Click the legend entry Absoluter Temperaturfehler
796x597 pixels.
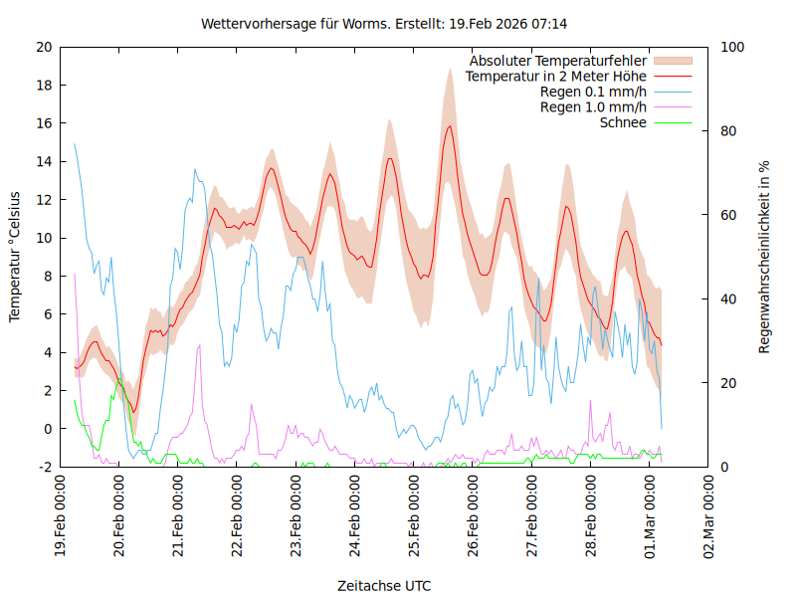pyautogui.click(x=558, y=61)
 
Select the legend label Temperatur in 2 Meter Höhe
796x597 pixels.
pyautogui.click(x=556, y=77)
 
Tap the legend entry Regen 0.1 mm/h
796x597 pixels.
pyautogui.click(x=593, y=92)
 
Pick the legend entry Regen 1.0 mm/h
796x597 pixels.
pyautogui.click(x=593, y=107)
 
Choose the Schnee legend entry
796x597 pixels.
pyautogui.click(x=623, y=122)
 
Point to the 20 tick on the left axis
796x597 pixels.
pyautogui.click(x=43, y=47)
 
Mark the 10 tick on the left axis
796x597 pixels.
pyautogui.click(x=43, y=238)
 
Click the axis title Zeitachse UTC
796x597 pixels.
pyautogui.click(x=384, y=585)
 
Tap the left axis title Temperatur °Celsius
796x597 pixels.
pyautogui.click(x=15, y=256)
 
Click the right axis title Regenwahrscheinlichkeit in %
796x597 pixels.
pyautogui.click(x=764, y=257)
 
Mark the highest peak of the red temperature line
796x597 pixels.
pyautogui.click(x=450, y=126)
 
